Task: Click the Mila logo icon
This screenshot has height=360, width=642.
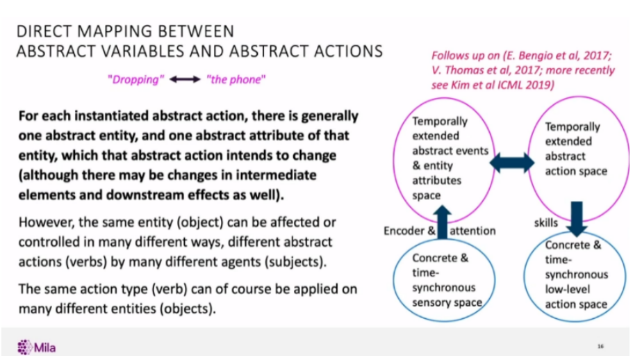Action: click(25, 347)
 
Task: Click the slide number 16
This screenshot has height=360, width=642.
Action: click(600, 346)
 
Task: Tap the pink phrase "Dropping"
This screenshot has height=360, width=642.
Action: click(135, 79)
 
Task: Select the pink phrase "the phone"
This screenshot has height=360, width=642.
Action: click(236, 79)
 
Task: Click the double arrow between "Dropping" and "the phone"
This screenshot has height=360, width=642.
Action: click(185, 79)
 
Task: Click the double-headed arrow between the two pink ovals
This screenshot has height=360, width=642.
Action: click(512, 163)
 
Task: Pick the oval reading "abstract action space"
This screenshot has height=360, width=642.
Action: click(575, 149)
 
